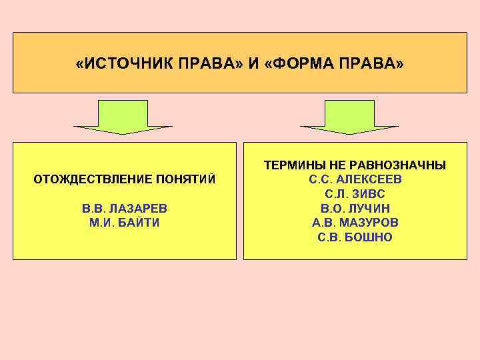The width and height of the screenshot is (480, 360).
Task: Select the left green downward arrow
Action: (x=123, y=117)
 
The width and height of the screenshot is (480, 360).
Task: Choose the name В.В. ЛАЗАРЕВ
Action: (x=124, y=209)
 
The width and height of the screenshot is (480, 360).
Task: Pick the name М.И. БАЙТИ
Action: (x=124, y=223)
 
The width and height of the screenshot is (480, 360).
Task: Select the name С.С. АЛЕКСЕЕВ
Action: (x=355, y=180)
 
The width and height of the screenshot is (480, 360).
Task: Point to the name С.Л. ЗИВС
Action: (x=355, y=194)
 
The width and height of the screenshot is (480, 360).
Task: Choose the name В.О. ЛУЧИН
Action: (x=355, y=209)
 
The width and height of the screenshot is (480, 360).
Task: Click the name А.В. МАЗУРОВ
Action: (x=355, y=223)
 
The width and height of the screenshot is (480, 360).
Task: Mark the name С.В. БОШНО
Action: (x=355, y=237)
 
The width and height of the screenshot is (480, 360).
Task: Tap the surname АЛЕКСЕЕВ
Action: (x=369, y=180)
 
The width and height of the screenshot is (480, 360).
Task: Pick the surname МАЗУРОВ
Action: (x=370, y=223)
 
